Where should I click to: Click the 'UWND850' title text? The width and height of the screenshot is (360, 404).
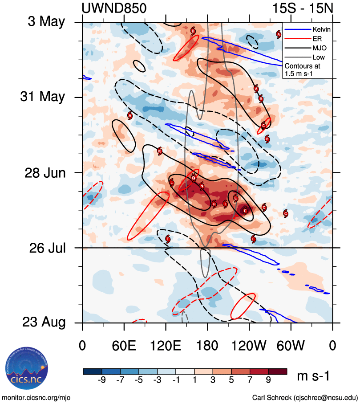point(114,8)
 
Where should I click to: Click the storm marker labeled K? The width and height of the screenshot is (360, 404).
point(160,151)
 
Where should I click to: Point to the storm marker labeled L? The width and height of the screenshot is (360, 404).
point(172,182)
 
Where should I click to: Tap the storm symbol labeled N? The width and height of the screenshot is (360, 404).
point(202,186)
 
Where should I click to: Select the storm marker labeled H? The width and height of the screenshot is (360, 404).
point(214,204)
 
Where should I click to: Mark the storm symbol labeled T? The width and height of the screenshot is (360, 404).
point(168,239)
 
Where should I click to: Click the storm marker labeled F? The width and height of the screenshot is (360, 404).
point(253,239)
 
